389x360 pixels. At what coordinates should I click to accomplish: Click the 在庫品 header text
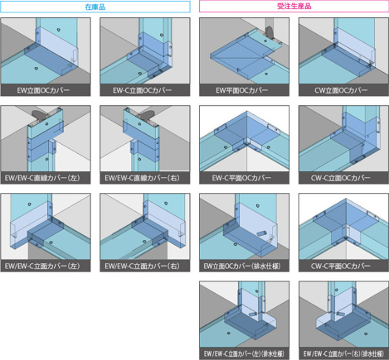pyautogui.click(x=95, y=7)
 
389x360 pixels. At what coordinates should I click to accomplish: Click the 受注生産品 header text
pyautogui.click(x=294, y=6)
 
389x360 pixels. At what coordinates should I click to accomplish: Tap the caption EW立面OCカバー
pyautogui.click(x=44, y=90)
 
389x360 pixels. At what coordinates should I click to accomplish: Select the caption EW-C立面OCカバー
pyautogui.click(x=142, y=90)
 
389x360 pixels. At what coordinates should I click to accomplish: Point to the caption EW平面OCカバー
pyautogui.click(x=242, y=90)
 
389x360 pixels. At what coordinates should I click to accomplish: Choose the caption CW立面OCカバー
pyautogui.click(x=341, y=90)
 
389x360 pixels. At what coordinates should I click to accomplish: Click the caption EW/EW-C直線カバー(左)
pyautogui.click(x=43, y=178)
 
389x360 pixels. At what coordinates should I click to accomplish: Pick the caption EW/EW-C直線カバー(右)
pyautogui.click(x=142, y=178)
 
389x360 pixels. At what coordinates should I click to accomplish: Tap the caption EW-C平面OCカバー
pyautogui.click(x=242, y=178)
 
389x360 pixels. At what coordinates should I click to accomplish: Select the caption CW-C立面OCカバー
pyautogui.click(x=341, y=178)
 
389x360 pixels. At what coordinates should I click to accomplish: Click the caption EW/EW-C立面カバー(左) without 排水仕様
pyautogui.click(x=43, y=266)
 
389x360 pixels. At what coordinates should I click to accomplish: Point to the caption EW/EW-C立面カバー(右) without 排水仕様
pyautogui.click(x=142, y=266)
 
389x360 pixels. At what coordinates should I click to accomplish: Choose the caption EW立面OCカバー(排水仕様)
pyautogui.click(x=242, y=266)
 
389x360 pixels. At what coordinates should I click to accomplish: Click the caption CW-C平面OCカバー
pyautogui.click(x=341, y=266)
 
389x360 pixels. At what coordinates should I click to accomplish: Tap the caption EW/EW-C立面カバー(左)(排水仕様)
pyautogui.click(x=244, y=354)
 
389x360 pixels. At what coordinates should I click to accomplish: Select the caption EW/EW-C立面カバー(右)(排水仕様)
pyautogui.click(x=344, y=354)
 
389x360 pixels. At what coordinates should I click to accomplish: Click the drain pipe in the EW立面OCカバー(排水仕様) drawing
pyautogui.click(x=261, y=234)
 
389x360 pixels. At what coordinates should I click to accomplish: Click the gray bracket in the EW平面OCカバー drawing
pyautogui.click(x=270, y=33)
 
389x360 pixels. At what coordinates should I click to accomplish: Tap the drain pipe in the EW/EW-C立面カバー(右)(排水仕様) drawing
pyautogui.click(x=341, y=314)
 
